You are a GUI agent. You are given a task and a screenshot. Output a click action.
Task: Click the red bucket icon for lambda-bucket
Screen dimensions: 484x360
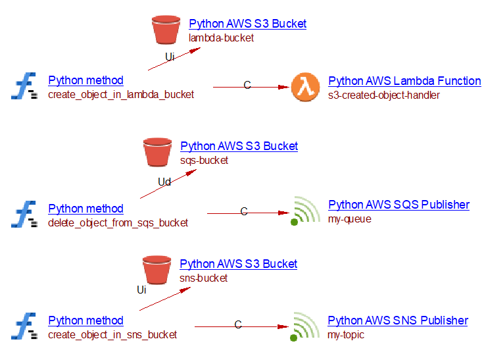[166, 30]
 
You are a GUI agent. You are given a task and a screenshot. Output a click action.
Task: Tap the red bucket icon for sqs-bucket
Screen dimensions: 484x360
[157, 152]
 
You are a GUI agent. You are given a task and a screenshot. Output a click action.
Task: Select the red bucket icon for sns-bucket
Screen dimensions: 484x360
[157, 270]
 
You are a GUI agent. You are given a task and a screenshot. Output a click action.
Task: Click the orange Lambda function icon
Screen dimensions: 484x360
[305, 87]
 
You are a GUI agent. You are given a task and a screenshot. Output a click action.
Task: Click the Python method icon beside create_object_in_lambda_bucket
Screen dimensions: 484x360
[24, 86]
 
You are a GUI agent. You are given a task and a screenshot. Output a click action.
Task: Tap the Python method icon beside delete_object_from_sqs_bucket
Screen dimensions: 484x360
[24, 214]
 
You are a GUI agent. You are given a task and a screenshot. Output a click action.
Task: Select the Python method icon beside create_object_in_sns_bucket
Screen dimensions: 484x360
[24, 326]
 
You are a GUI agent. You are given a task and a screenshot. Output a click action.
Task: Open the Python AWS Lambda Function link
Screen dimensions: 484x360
[404, 81]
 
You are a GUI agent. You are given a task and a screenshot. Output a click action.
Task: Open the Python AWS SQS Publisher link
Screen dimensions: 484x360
[399, 205]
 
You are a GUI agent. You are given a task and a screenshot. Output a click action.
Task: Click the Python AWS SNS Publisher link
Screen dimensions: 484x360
[398, 321]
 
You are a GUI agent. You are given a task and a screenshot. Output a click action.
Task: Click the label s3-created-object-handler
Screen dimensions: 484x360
[383, 95]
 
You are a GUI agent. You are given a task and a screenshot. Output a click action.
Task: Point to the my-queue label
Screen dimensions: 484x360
[349, 219]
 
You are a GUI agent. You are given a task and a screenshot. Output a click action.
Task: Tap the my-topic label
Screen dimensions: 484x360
[346, 335]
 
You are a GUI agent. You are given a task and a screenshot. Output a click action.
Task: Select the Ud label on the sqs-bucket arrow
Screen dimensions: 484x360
[164, 182]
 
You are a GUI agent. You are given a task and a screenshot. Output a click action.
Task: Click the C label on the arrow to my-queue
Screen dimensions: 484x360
[244, 211]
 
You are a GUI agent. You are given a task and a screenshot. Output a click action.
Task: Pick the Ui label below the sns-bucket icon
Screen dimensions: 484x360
[141, 290]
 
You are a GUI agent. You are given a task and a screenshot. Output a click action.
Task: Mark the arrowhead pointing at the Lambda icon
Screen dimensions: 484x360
[283, 87]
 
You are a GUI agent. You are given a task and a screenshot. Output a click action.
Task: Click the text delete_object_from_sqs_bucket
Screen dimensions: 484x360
[118, 223]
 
